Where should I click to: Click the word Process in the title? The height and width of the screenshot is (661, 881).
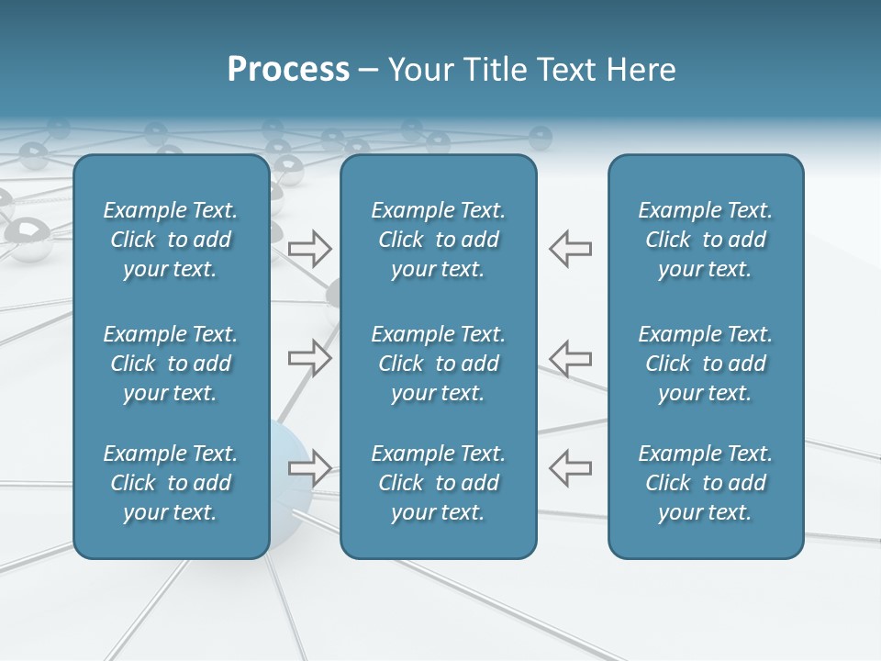(x=288, y=70)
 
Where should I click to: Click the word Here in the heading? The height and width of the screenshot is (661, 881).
(x=641, y=70)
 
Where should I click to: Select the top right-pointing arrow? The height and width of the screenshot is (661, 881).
(x=310, y=249)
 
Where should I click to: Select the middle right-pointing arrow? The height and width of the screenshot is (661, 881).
(x=310, y=358)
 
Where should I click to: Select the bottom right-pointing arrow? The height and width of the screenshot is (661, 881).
(x=310, y=468)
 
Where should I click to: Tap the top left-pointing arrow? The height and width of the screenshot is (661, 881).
(x=570, y=249)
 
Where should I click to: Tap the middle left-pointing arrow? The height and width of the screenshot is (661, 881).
(x=570, y=358)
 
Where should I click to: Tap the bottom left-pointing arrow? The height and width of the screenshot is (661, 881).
(x=570, y=468)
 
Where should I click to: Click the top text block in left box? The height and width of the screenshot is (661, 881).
(x=171, y=240)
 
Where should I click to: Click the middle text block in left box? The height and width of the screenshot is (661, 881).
(x=171, y=364)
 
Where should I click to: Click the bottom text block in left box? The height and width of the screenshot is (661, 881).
(x=171, y=483)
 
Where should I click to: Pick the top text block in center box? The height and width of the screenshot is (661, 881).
(x=438, y=240)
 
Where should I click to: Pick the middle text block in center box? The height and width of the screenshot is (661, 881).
(x=438, y=364)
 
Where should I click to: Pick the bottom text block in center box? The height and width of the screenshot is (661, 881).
(x=438, y=483)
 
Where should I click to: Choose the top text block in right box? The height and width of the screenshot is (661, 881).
(x=705, y=240)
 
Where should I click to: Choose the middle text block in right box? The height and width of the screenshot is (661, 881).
(x=705, y=364)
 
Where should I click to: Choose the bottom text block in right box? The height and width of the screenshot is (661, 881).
(x=705, y=483)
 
